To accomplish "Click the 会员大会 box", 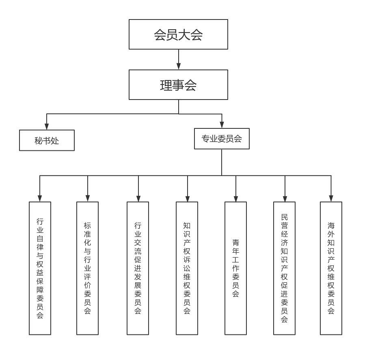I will [178, 35].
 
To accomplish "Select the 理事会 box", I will [178, 85].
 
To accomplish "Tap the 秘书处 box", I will [47, 141].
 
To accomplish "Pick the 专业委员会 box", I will [222, 139].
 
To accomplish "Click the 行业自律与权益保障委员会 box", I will [40, 268].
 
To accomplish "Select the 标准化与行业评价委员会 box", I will [87, 268].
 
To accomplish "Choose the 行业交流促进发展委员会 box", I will [138, 268].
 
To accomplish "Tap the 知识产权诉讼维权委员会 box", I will [187, 268].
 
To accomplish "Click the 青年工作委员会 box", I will [235, 268].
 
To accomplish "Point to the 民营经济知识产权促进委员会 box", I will [284, 268].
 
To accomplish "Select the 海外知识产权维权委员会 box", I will [331, 268].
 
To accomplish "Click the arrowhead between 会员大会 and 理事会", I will [179, 66].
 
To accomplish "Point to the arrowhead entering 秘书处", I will [47, 126].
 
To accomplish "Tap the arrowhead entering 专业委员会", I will [222, 125].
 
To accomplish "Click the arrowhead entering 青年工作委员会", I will [235, 198].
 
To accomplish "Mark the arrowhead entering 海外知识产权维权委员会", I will [331, 198].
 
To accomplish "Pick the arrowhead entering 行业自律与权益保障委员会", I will [40, 198].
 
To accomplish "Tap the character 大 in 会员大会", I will [184, 35].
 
